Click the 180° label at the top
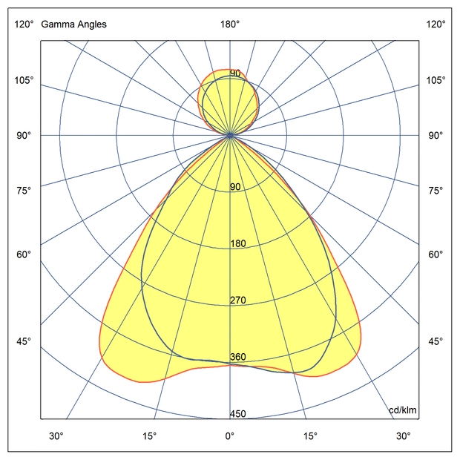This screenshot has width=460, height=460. coord(229,24)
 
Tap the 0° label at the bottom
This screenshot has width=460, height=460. coord(229,436)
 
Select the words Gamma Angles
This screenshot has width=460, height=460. coord(73,24)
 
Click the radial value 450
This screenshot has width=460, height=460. coord(237,414)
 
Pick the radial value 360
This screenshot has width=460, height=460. coord(237,357)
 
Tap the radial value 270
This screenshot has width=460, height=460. coord(237,300)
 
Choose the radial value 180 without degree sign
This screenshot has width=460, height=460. coord(237,243)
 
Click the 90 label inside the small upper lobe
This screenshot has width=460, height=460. coord(235,73)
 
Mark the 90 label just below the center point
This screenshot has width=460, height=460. coord(235,187)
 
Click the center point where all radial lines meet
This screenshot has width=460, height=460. coord(230,135)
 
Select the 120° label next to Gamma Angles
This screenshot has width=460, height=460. coord(24,24)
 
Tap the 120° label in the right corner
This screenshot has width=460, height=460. coord(436,24)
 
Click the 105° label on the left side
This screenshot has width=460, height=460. coord(24,80)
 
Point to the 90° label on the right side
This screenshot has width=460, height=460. coord(436,135)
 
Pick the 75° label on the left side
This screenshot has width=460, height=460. coord(24,191)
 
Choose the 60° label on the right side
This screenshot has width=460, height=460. coord(436,254)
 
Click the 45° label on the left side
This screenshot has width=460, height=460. coord(24,341)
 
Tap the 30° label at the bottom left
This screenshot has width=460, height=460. coord(56,436)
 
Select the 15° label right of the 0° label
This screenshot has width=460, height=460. coord(310,436)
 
